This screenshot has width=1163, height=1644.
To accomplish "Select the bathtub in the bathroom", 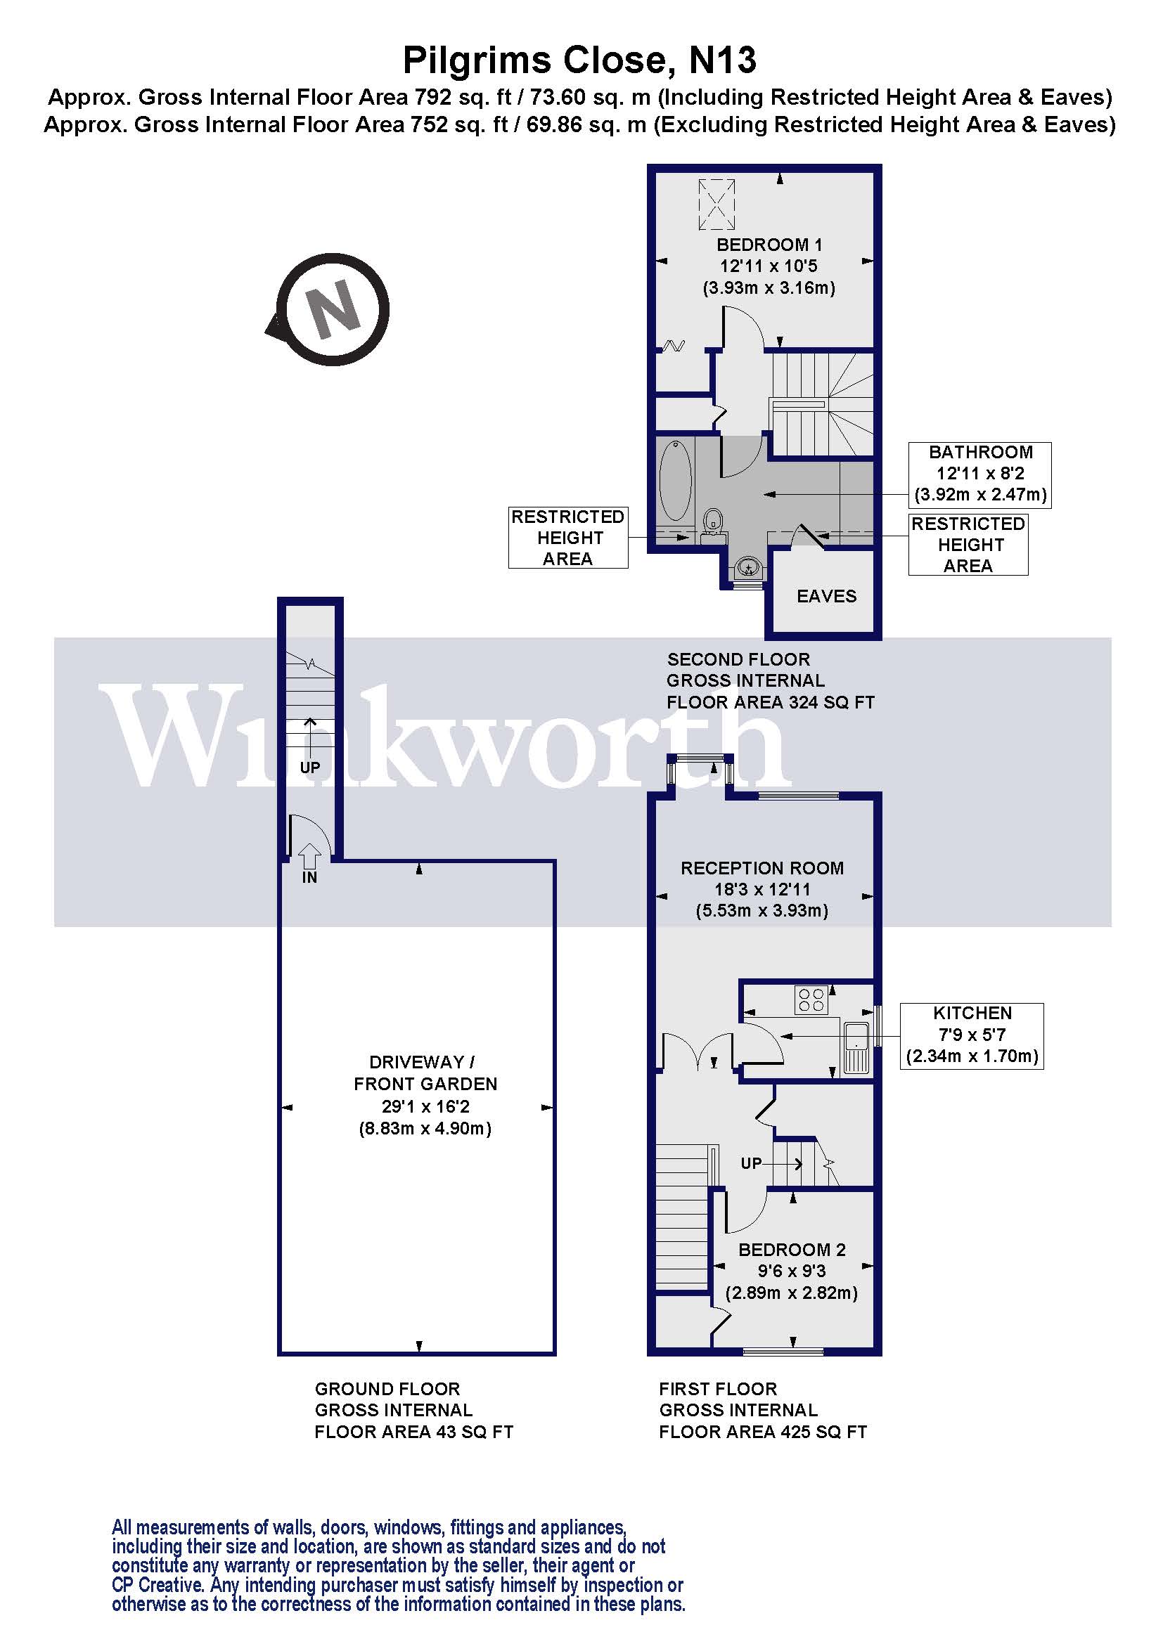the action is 675,481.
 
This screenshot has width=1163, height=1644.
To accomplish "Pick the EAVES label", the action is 826,597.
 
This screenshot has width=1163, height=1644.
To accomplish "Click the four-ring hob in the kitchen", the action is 811,1000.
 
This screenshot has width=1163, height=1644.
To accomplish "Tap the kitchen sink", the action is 856,1047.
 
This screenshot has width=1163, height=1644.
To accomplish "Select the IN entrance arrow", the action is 309,857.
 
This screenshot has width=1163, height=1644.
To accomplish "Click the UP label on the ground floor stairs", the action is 310,768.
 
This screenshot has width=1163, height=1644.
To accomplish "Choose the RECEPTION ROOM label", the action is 762,869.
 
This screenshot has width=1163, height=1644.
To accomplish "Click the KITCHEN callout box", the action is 972,1036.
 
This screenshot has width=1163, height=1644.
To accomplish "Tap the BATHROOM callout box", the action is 979,474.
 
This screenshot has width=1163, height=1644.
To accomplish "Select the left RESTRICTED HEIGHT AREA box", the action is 568,538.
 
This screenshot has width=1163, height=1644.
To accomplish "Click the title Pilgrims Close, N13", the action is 579,60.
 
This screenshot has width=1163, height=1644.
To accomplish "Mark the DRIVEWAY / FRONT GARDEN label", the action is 425,1073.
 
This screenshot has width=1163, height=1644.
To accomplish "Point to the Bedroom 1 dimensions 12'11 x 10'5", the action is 769,266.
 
